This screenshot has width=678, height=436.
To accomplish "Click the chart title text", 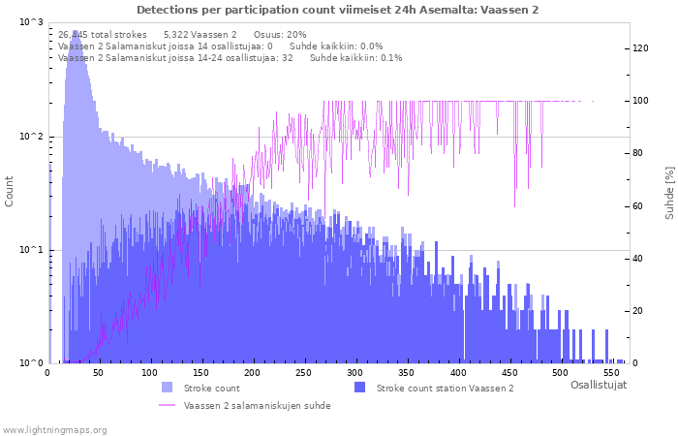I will [338, 10].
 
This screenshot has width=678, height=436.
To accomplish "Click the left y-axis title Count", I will [10, 191].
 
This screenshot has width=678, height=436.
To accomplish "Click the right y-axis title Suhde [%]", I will [669, 192].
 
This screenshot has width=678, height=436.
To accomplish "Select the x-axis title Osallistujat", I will [598, 386].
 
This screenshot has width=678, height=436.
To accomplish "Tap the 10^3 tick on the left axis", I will [32, 22].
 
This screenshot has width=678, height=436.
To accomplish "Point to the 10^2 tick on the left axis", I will [32, 137].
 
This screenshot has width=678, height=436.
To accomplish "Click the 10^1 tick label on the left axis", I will [32, 250].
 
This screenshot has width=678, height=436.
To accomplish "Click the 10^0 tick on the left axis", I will [32, 363].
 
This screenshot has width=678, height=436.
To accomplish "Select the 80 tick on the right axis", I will [639, 153].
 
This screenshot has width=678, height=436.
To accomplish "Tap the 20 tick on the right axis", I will [639, 311].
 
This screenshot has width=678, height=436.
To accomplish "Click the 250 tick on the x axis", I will [252, 373].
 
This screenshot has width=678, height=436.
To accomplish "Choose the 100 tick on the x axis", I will [149, 373].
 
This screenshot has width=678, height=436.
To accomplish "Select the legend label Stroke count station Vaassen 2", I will [445, 389].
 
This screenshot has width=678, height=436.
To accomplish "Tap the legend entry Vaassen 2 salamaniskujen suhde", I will [257, 406].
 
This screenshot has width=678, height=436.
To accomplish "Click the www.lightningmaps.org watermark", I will [55, 429].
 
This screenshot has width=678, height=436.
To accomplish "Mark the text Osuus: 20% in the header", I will [280, 34].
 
